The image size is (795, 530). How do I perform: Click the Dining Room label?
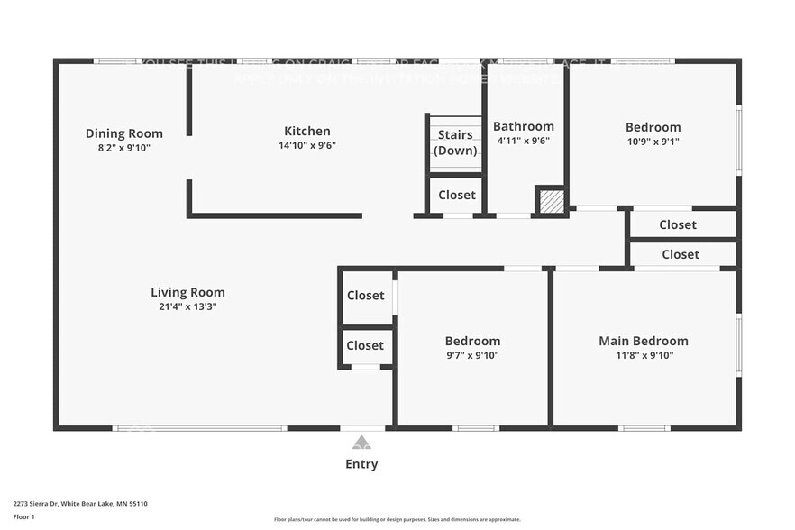(124, 133)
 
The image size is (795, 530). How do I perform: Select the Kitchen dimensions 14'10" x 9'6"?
(307, 145)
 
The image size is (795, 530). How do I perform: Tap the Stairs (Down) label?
(455, 142)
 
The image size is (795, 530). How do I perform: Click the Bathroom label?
(524, 126)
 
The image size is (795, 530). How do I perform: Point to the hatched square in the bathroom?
(552, 201)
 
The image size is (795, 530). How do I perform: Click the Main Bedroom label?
(644, 341)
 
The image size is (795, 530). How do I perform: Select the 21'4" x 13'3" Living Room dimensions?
(187, 306)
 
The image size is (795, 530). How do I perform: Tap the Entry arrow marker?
(361, 443)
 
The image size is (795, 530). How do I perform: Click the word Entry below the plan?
(361, 464)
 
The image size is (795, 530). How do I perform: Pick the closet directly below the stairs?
(457, 195)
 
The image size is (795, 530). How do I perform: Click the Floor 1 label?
(23, 516)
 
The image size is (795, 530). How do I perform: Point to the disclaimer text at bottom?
(397, 519)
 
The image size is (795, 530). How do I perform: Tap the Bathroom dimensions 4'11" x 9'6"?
(524, 141)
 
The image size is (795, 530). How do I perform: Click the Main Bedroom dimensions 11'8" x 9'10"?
(644, 355)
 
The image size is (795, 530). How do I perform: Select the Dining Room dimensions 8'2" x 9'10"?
(124, 147)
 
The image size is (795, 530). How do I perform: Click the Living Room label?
(187, 292)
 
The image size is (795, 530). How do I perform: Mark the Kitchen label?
(307, 131)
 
